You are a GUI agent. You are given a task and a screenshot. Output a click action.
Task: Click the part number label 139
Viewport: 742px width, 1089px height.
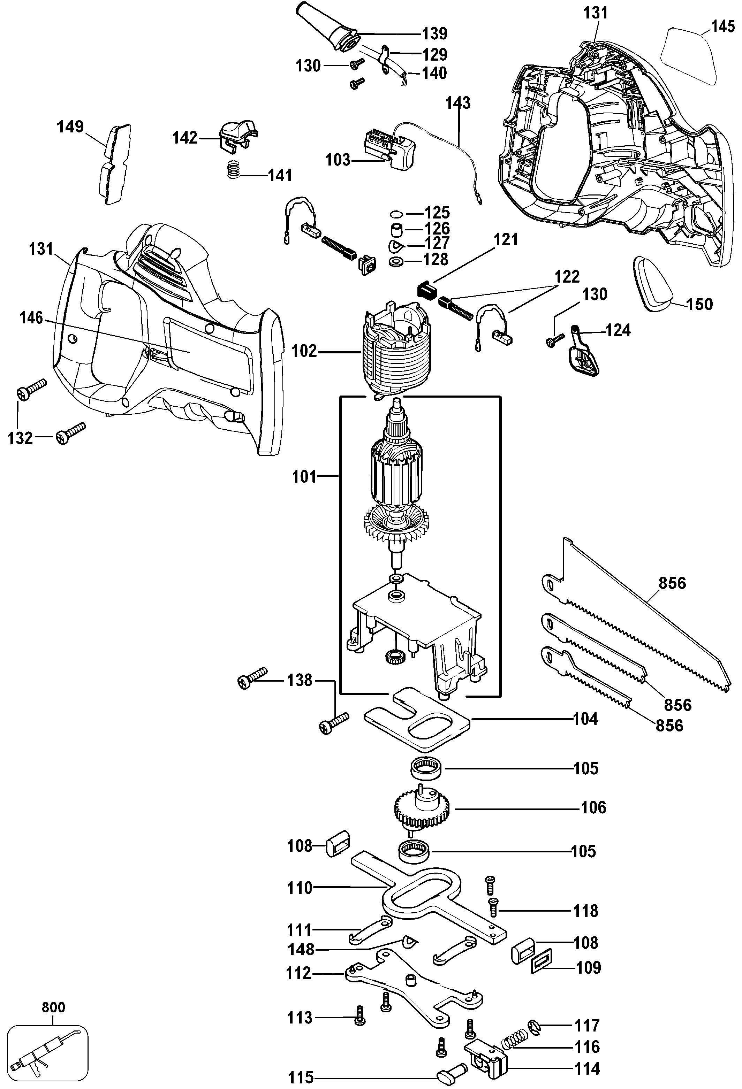click(434, 34)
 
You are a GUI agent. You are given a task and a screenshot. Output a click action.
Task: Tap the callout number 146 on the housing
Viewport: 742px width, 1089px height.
click(31, 318)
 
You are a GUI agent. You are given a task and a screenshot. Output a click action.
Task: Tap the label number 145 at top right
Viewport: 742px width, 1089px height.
click(723, 27)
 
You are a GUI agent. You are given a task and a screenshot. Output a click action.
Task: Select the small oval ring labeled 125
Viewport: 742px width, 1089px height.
click(396, 214)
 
